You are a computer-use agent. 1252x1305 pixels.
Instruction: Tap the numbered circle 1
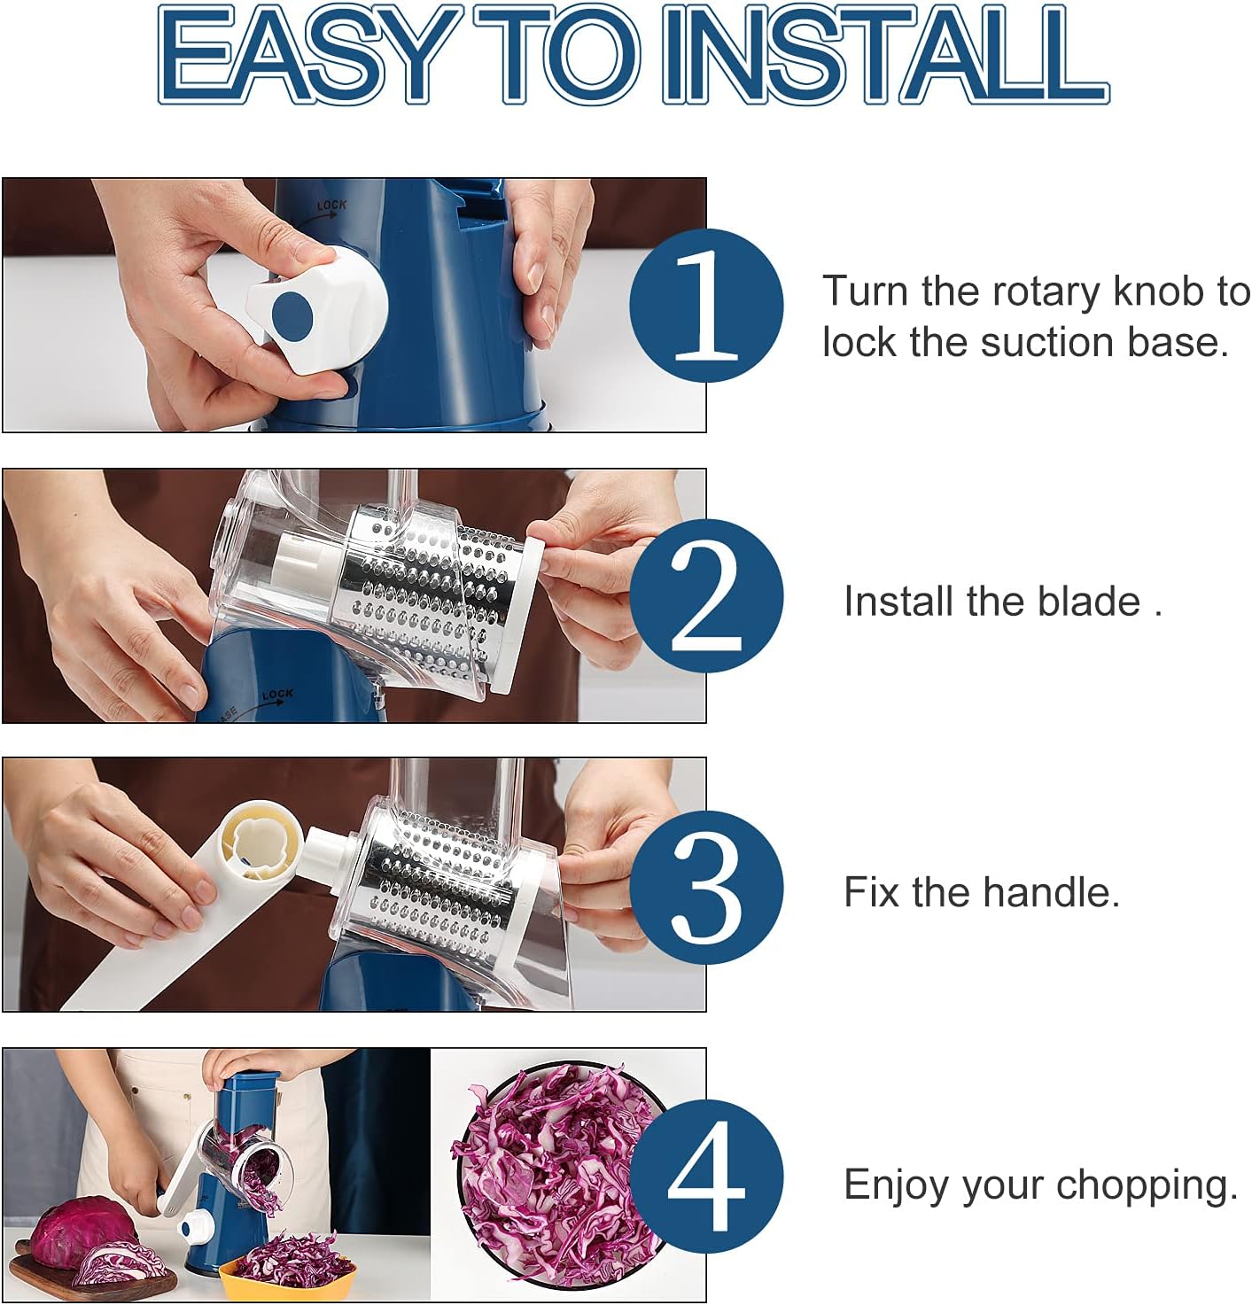[706, 305]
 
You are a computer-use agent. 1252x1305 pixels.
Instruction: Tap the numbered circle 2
[706, 596]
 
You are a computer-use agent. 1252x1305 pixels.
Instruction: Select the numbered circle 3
[706, 887]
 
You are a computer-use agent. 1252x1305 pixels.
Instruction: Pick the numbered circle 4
[706, 1176]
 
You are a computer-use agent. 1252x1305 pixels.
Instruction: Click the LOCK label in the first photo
[331, 206]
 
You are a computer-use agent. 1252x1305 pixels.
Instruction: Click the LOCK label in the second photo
[276, 695]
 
